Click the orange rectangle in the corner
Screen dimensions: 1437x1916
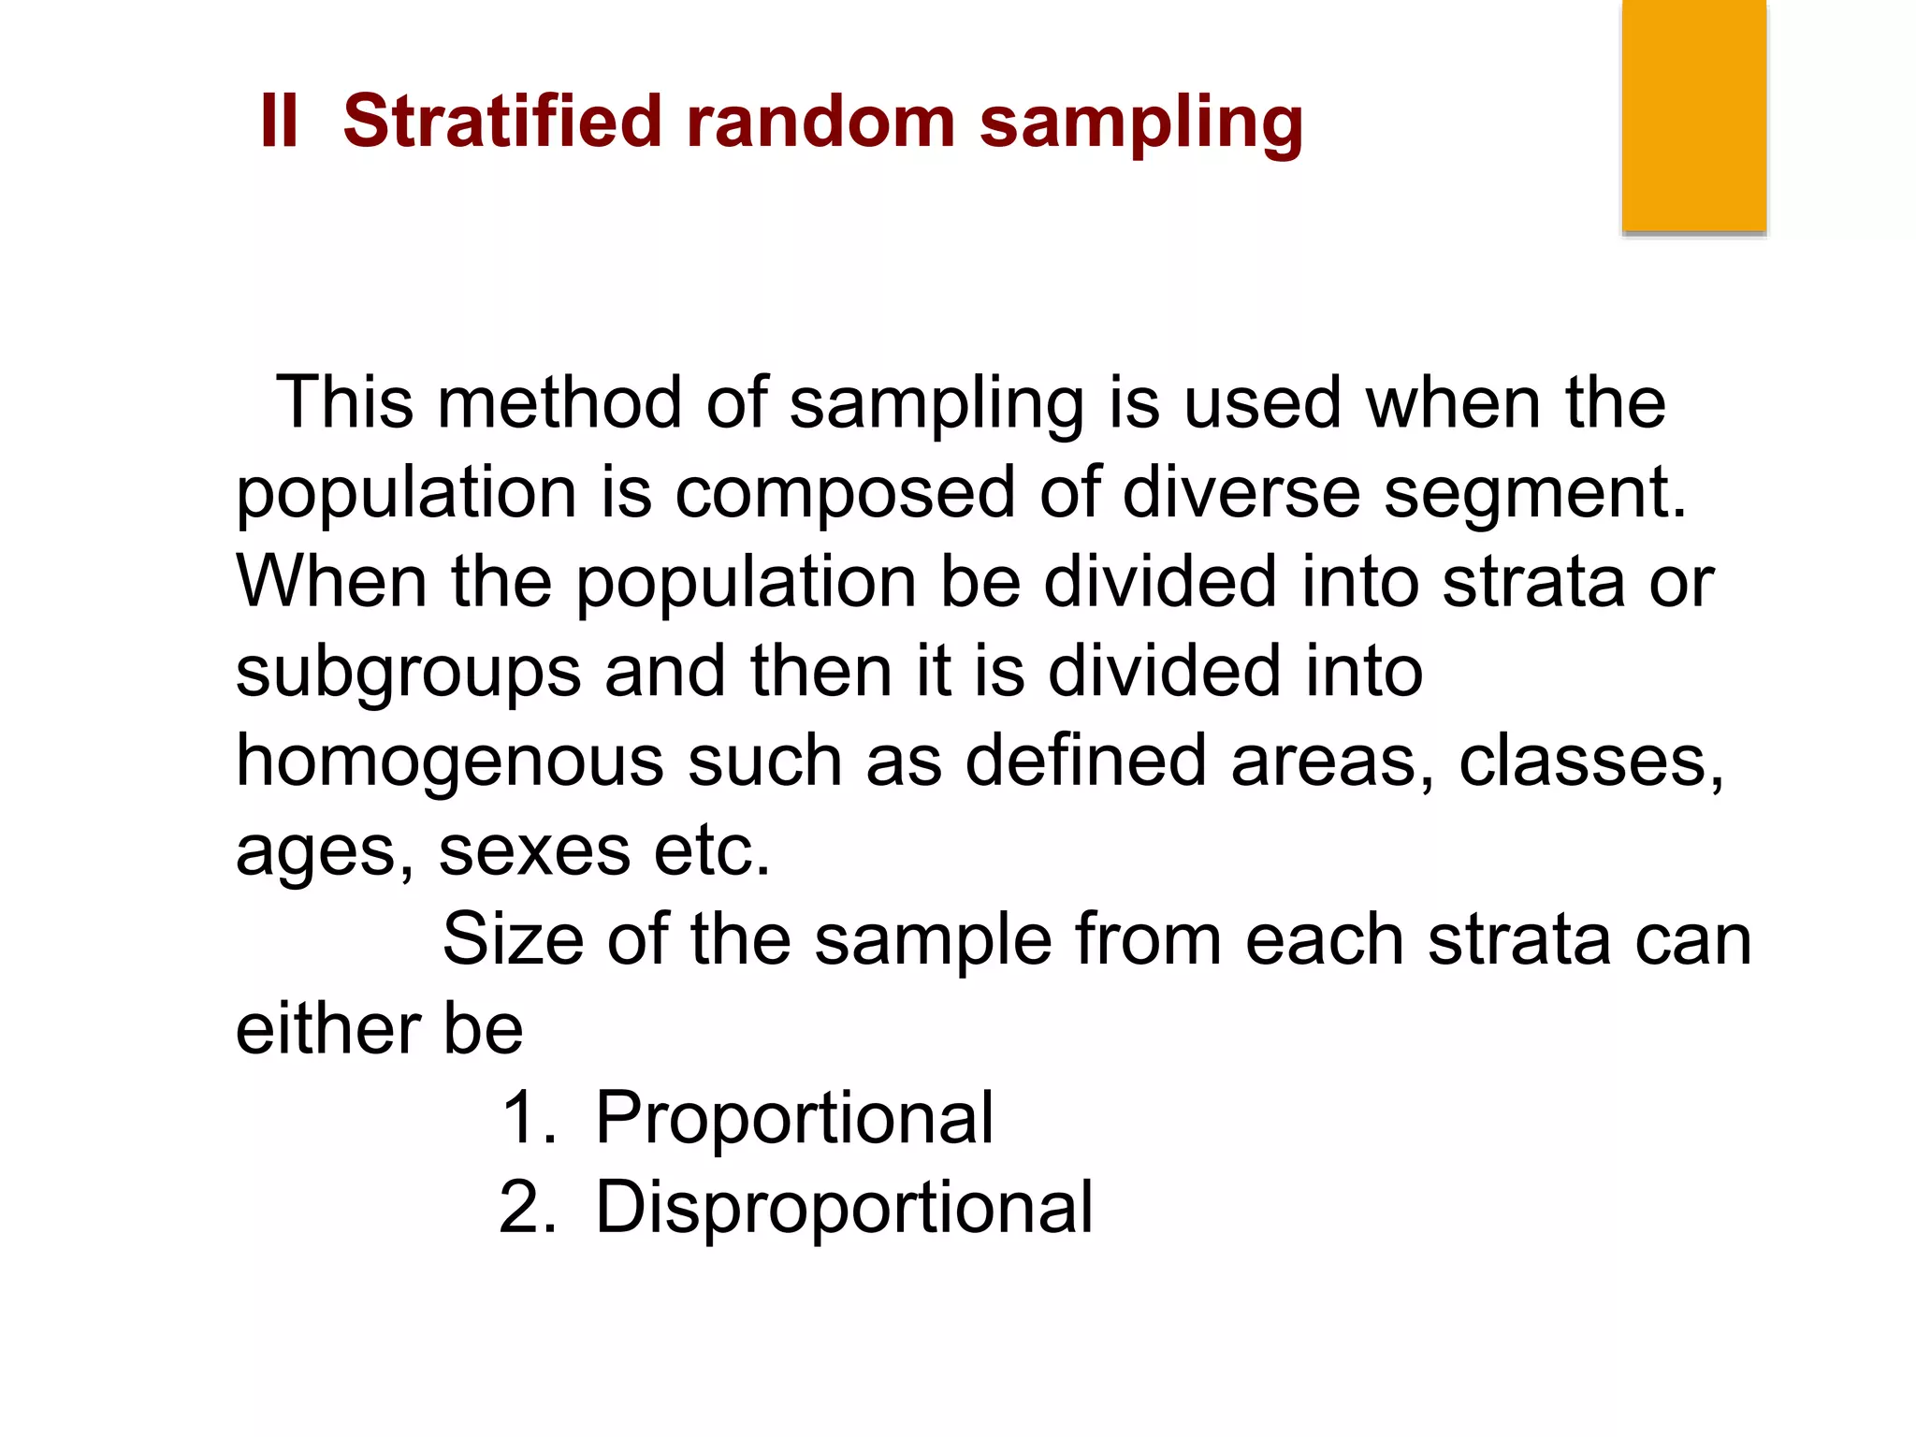tap(1693, 115)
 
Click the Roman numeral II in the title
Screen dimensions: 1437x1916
tap(279, 122)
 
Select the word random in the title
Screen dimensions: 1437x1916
tap(820, 122)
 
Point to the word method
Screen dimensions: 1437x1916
tap(559, 403)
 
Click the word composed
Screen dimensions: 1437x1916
tap(845, 493)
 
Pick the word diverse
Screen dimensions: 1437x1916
tap(1241, 493)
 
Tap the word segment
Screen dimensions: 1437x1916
tap(1534, 493)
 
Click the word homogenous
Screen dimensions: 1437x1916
tap(450, 761)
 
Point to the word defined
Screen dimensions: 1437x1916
tap(1085, 761)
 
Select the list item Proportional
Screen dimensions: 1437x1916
tap(794, 1119)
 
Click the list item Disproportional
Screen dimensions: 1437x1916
tap(844, 1209)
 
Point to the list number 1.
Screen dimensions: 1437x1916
tap(528, 1119)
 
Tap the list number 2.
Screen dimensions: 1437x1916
tap(528, 1209)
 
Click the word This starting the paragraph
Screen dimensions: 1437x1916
tap(344, 403)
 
